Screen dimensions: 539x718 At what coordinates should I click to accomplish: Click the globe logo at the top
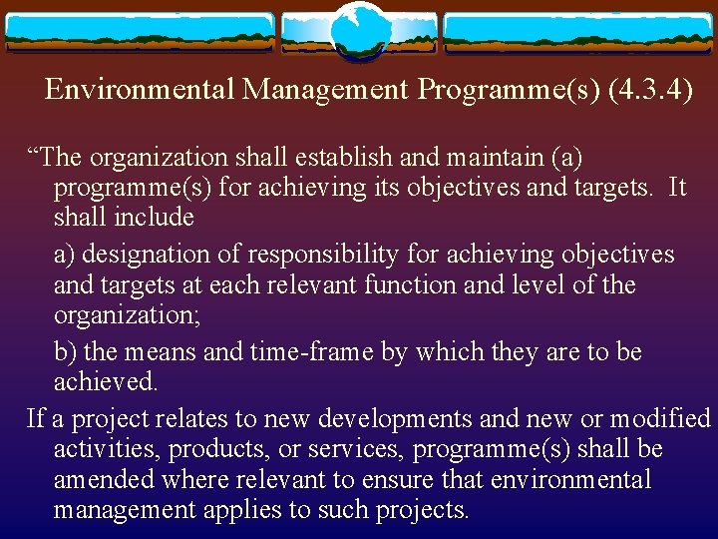click(358, 31)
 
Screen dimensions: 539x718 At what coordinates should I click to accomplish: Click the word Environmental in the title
click(140, 90)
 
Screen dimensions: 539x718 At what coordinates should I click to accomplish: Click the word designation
click(148, 255)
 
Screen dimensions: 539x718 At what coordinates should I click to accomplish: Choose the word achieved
click(105, 383)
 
